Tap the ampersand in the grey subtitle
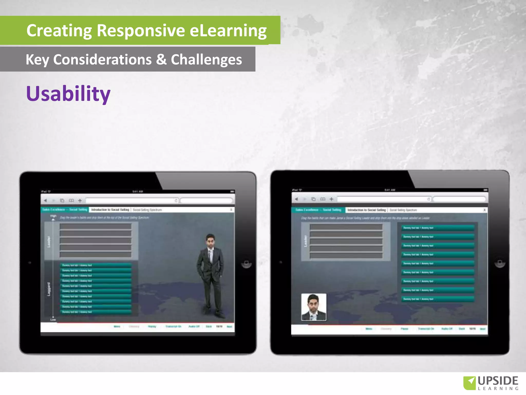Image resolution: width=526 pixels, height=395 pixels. click(161, 60)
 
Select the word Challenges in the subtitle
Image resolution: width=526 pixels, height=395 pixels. click(206, 60)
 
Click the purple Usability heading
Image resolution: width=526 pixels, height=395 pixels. click(68, 94)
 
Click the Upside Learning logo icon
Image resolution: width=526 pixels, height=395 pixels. click(469, 383)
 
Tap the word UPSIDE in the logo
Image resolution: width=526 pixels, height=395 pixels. click(498, 381)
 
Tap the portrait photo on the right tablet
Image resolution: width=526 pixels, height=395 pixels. click(314, 307)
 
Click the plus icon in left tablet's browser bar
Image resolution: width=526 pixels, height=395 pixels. click(80, 200)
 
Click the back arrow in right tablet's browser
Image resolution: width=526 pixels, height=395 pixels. click(296, 199)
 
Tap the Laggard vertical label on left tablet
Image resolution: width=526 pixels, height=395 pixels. click(49, 289)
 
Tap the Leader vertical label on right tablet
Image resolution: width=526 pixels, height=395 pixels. click(305, 241)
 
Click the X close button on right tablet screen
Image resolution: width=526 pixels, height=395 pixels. click(484, 210)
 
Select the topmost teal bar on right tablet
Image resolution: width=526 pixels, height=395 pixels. click(438, 228)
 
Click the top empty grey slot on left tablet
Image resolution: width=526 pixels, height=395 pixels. click(96, 226)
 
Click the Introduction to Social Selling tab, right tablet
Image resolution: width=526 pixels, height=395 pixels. click(367, 210)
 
